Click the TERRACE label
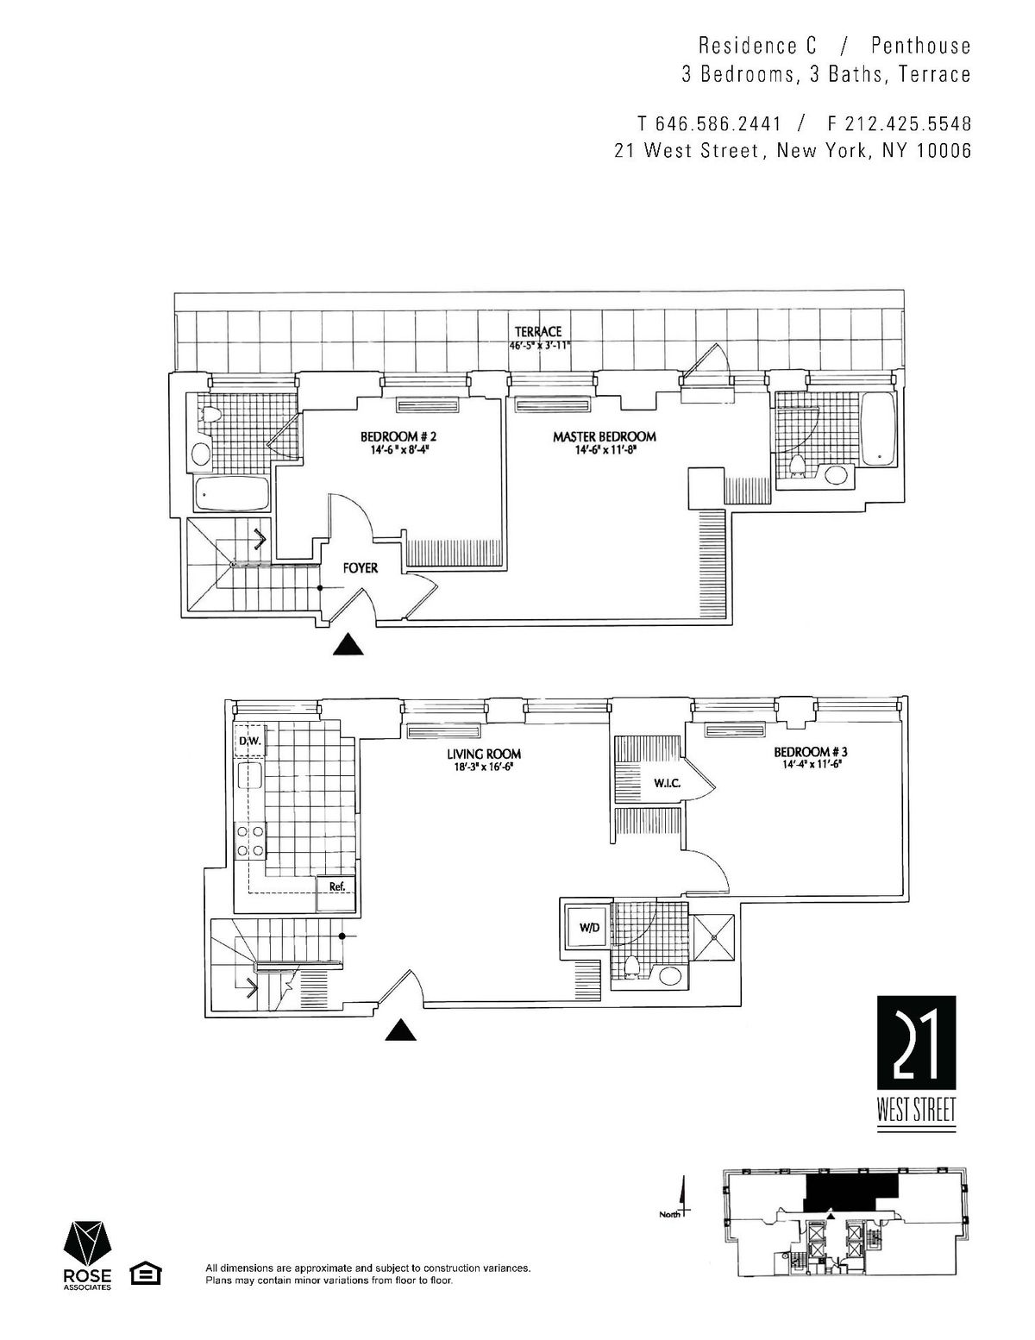pos(538,332)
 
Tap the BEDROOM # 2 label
pos(398,436)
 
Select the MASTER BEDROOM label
pos(604,436)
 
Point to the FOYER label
pos(361,568)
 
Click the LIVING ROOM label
pos(484,754)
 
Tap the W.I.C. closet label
pos(666,784)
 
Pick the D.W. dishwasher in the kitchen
pos(250,742)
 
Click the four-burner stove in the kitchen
pos(250,841)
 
